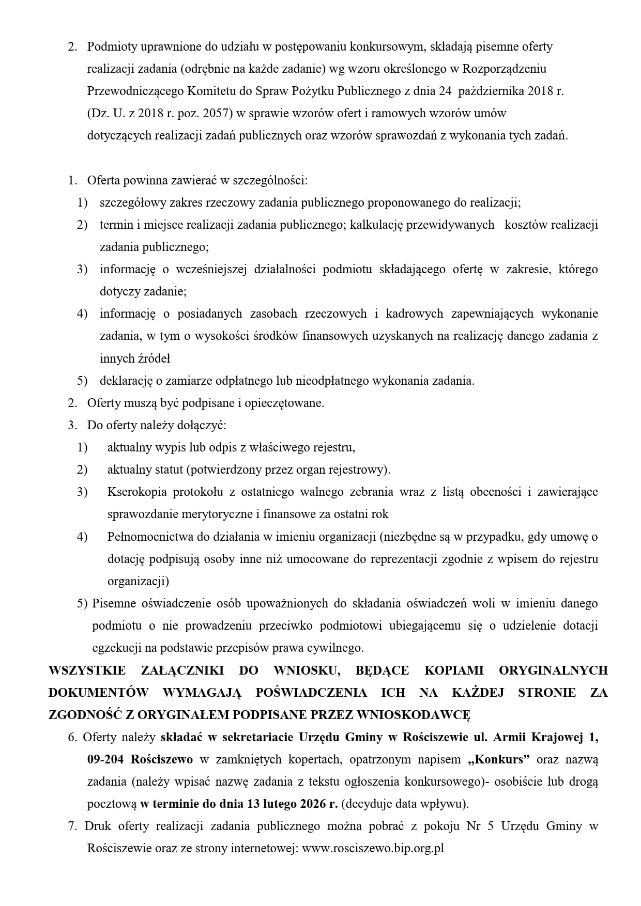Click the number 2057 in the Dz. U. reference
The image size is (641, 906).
213,114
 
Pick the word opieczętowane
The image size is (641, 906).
287,403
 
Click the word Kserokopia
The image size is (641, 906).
137,492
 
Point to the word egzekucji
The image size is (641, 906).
115,648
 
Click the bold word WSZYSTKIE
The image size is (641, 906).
87,670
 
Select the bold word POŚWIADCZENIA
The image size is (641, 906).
311,693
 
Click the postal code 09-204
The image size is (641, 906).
105,760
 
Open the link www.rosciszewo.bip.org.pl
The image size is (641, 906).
373,849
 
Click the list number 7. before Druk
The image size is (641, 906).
72,826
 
